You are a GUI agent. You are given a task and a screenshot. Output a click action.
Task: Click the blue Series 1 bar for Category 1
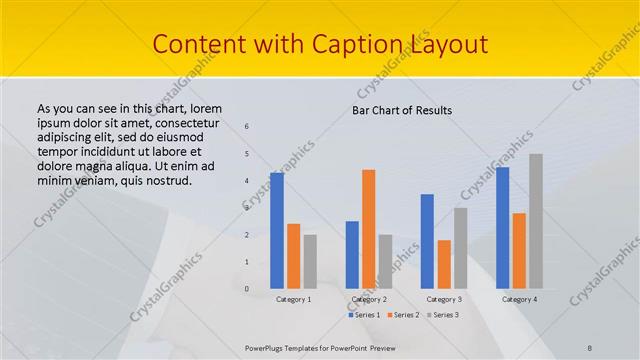pos(277,230)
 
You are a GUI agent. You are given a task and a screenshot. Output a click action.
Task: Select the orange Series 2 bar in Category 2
pos(369,228)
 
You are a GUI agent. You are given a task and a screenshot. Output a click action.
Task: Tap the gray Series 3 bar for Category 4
pos(536,221)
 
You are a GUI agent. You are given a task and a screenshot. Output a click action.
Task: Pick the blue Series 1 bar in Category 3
pos(427,241)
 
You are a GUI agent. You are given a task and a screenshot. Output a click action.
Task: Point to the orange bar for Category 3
pos(444,264)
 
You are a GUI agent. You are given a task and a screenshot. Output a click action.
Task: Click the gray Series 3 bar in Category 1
pos(310,261)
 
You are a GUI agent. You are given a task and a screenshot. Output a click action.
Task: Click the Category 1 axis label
pos(294,299)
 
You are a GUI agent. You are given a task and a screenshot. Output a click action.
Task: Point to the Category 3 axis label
pos(444,299)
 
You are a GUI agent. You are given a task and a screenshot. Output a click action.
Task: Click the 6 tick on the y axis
pos(247,126)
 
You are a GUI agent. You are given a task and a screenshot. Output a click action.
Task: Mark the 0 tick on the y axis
pos(247,289)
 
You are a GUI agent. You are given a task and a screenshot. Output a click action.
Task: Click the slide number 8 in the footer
pos(590,347)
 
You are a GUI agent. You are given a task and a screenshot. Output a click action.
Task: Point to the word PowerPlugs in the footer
pos(268,347)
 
